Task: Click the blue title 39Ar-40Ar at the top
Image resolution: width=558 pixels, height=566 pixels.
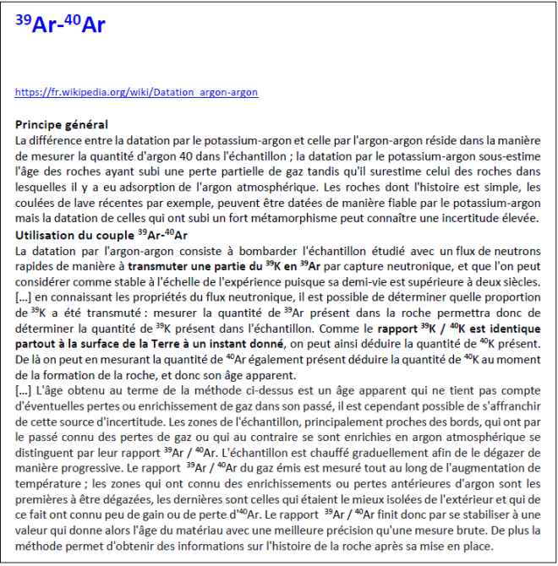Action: pos(60,24)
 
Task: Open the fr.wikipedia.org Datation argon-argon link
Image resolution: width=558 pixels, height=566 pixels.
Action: pos(136,92)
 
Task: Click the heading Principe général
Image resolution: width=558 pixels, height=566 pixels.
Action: pos(62,124)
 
